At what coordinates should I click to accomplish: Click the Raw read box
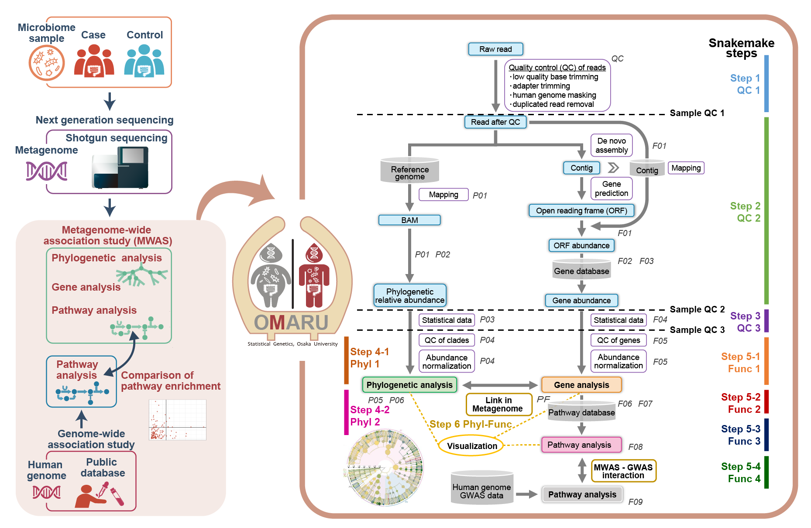[x=495, y=49]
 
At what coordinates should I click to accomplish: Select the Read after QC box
[x=495, y=122]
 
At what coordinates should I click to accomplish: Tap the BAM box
[x=409, y=220]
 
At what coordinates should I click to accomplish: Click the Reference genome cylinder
[x=409, y=171]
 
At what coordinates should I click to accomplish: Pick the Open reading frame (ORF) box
[x=581, y=211]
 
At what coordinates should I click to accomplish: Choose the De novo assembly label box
[x=611, y=145]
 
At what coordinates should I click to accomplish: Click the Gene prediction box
[x=611, y=189]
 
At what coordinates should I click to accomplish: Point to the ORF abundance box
[x=581, y=245]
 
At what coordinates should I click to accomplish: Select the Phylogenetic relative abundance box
[x=409, y=295]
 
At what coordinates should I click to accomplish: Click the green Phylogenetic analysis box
[x=409, y=385]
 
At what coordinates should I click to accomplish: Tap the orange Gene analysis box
[x=581, y=385]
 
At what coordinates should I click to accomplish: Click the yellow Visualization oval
[x=471, y=446]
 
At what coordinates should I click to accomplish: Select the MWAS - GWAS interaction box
[x=623, y=471]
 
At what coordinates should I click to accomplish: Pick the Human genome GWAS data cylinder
[x=481, y=489]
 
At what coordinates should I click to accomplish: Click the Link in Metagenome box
[x=498, y=405]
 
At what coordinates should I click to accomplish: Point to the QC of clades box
[x=447, y=340]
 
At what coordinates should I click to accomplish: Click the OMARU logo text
[x=291, y=323]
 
